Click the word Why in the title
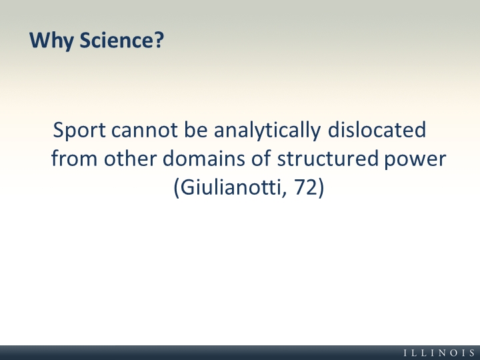coord(51,41)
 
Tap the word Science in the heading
coord(117,40)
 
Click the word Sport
coord(79,131)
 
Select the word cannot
coord(144,130)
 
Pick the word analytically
coord(267,131)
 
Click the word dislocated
coord(377,129)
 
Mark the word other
coord(130,158)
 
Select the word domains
coord(203,158)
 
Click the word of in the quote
coord(261,158)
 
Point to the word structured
coord(328,158)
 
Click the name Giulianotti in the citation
coord(231,187)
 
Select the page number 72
coord(305,187)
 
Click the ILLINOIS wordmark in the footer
coord(439,353)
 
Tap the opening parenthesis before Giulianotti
coord(176,187)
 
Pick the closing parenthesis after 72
coord(321,187)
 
